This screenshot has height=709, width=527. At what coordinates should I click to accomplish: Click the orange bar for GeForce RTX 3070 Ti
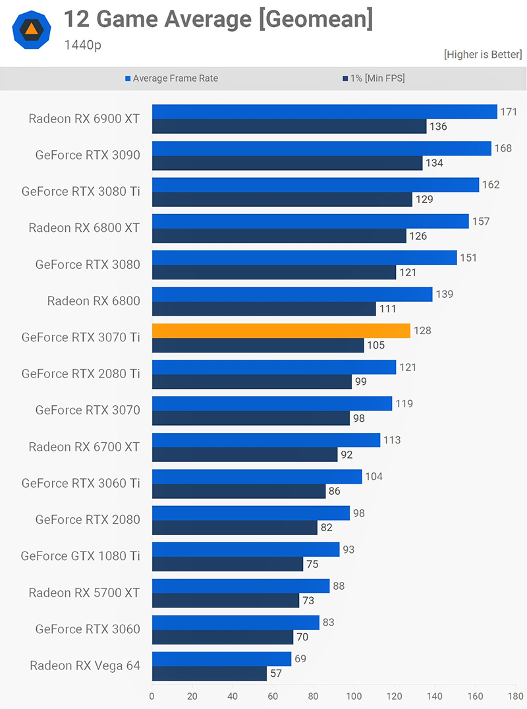coord(281,331)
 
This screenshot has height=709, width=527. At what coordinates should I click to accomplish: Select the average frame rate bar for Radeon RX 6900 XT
coord(324,111)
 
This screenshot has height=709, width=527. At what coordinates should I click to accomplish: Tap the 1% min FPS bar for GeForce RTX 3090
coord(287,163)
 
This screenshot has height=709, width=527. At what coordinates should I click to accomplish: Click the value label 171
coord(509,112)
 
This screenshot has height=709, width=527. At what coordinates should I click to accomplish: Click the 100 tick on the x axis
coord(354,696)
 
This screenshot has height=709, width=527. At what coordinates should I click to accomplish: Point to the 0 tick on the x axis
coord(152,696)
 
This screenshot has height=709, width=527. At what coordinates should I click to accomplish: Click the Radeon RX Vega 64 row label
coord(85,666)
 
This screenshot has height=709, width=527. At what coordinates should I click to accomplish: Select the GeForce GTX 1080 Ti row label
coord(80,556)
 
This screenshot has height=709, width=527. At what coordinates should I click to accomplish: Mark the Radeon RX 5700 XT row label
coord(84,592)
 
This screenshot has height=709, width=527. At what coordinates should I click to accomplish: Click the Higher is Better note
coord(483,55)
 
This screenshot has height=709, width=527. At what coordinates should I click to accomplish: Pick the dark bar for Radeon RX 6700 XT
coord(244,455)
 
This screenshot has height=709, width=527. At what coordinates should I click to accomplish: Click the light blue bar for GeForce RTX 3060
coord(235,622)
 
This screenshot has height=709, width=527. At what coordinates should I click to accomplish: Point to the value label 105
coord(375,345)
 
